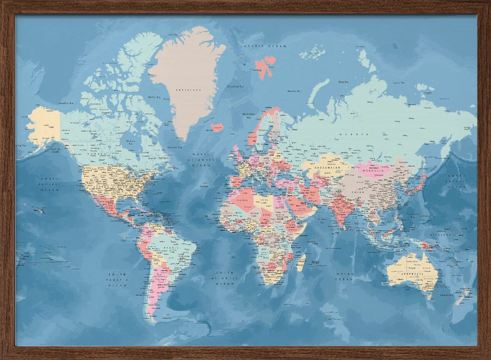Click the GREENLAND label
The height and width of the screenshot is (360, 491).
click(189, 90)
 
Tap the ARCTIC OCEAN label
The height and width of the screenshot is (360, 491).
click(265, 46)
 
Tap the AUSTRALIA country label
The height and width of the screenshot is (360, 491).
click(411, 274)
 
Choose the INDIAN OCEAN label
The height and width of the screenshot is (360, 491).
click(344, 277)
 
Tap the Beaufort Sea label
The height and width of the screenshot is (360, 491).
click(66, 103)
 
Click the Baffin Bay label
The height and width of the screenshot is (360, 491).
click(154, 97)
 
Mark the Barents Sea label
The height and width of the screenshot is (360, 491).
click(294, 91)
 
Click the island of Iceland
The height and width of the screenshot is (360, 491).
click(217, 127)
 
